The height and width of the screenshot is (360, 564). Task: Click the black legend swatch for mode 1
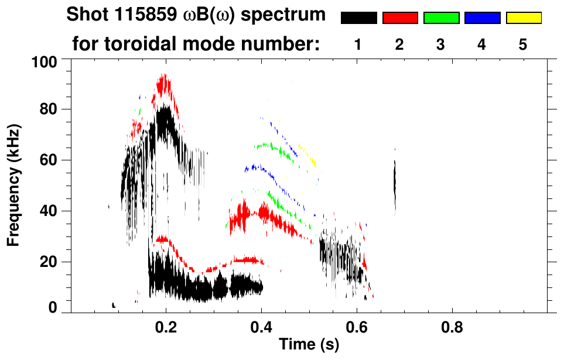(359, 18)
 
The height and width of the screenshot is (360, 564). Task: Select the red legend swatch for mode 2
(400, 18)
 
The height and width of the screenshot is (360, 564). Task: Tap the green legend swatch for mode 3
(441, 18)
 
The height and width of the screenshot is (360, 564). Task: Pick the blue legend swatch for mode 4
(482, 18)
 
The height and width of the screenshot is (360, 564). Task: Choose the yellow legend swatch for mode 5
(523, 18)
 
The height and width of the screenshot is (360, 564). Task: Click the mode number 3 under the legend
(441, 45)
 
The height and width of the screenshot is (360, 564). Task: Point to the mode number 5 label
(523, 45)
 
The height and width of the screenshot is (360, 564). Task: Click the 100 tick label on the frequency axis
(44, 61)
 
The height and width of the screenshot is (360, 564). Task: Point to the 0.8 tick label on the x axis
(452, 326)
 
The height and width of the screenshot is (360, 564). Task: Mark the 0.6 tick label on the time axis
(356, 326)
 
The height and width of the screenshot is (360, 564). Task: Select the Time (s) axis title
(308, 345)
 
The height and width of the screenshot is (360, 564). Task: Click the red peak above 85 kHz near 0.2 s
(165, 85)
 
